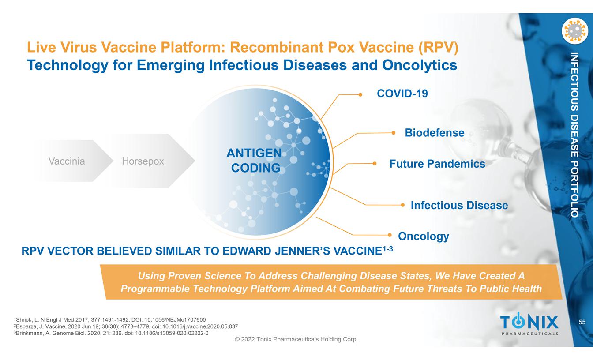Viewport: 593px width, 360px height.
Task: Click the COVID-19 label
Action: tap(402, 94)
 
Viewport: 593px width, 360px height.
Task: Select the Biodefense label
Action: tap(435, 133)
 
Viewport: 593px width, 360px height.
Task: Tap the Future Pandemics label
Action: tap(437, 164)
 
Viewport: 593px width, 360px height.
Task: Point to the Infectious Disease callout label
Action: tap(459, 205)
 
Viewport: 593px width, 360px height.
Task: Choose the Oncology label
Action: tap(424, 236)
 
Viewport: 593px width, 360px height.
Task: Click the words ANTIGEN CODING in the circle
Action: tap(254, 161)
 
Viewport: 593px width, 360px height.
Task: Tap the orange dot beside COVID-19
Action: tap(360, 94)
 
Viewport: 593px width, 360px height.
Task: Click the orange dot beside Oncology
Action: tap(390, 235)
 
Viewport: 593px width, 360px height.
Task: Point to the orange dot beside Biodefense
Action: tap(394, 133)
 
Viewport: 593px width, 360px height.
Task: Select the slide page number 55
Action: tap(582, 322)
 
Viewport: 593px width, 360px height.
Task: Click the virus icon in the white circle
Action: tap(575, 31)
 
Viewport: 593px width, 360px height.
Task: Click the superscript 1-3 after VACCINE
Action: tap(388, 249)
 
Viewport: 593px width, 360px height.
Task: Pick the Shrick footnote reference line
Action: tap(110, 320)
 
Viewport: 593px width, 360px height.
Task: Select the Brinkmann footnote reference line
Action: tap(111, 333)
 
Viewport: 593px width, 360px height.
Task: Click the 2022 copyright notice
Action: tap(296, 339)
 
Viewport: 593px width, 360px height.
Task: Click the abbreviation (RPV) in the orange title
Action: tap(439, 48)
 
